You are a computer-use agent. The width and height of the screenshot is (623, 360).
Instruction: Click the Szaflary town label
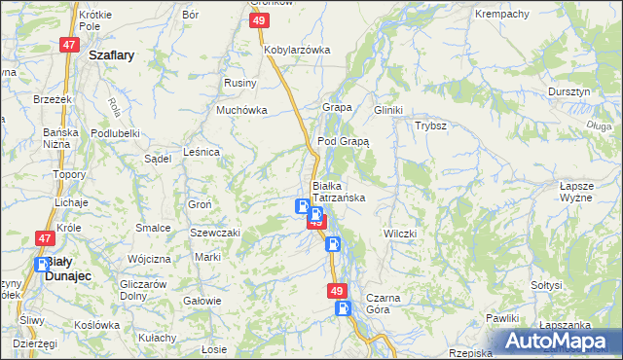[111, 56]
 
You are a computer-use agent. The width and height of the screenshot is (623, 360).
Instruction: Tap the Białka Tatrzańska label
[338, 191]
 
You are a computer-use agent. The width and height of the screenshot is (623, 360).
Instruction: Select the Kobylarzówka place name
[298, 49]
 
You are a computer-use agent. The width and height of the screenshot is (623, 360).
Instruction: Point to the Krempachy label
[500, 15]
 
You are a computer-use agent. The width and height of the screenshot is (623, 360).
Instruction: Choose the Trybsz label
[430, 126]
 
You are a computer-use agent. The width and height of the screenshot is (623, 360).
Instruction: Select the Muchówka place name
[241, 110]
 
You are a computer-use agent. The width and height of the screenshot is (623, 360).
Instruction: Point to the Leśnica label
[202, 152]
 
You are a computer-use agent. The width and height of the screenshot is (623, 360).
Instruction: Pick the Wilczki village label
[400, 234]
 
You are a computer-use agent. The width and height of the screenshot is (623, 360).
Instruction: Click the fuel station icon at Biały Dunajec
[43, 265]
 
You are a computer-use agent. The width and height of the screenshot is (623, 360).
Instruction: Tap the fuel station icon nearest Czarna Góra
[343, 308]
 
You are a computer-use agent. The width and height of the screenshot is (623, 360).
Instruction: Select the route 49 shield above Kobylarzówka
[259, 20]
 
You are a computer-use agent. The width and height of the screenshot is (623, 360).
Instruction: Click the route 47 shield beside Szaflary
[68, 45]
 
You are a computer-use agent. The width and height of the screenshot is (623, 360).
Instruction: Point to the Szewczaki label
[215, 234]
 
